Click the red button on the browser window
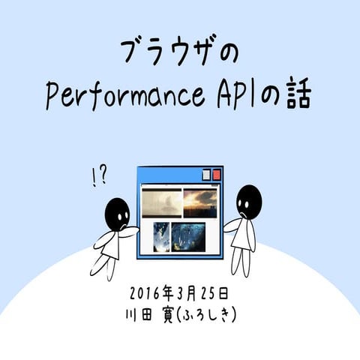pos(216,174)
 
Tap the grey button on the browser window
pos(205,174)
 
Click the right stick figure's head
pos(248,199)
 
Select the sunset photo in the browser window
pos(199,202)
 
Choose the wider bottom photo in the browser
pos(188,237)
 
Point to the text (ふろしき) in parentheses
pos(206,315)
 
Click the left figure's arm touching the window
pos(129,229)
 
